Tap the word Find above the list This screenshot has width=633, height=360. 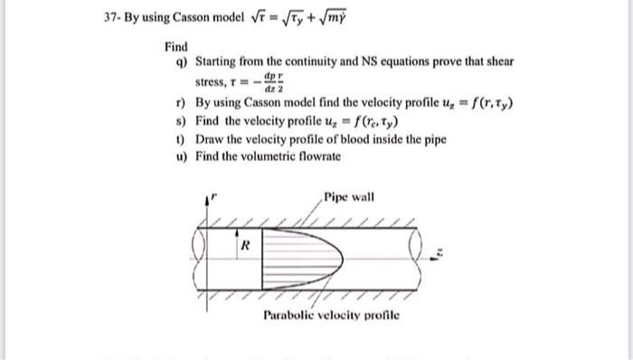(x=175, y=46)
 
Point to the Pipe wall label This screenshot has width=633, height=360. (x=348, y=196)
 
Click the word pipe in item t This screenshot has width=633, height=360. (x=402, y=138)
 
